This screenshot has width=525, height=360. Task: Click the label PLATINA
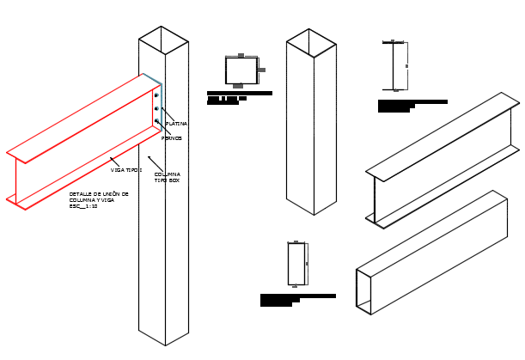(176, 124)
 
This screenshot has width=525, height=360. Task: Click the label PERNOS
(172, 138)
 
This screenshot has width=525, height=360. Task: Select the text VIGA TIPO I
(126, 170)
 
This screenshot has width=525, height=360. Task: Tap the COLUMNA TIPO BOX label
(168, 177)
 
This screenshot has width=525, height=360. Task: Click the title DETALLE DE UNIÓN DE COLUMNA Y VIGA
(98, 198)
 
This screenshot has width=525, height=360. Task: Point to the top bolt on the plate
(156, 95)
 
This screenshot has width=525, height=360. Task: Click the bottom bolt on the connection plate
(156, 121)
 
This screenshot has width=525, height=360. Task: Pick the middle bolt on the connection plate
(156, 108)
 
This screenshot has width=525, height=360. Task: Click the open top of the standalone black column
(311, 43)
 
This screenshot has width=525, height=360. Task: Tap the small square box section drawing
(241, 70)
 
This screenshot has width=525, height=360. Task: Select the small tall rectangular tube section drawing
(296, 264)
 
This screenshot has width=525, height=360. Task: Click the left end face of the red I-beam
(15, 180)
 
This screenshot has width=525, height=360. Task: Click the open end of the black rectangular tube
(363, 292)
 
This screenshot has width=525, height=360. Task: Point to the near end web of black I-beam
(375, 200)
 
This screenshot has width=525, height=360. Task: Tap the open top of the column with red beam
(163, 40)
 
